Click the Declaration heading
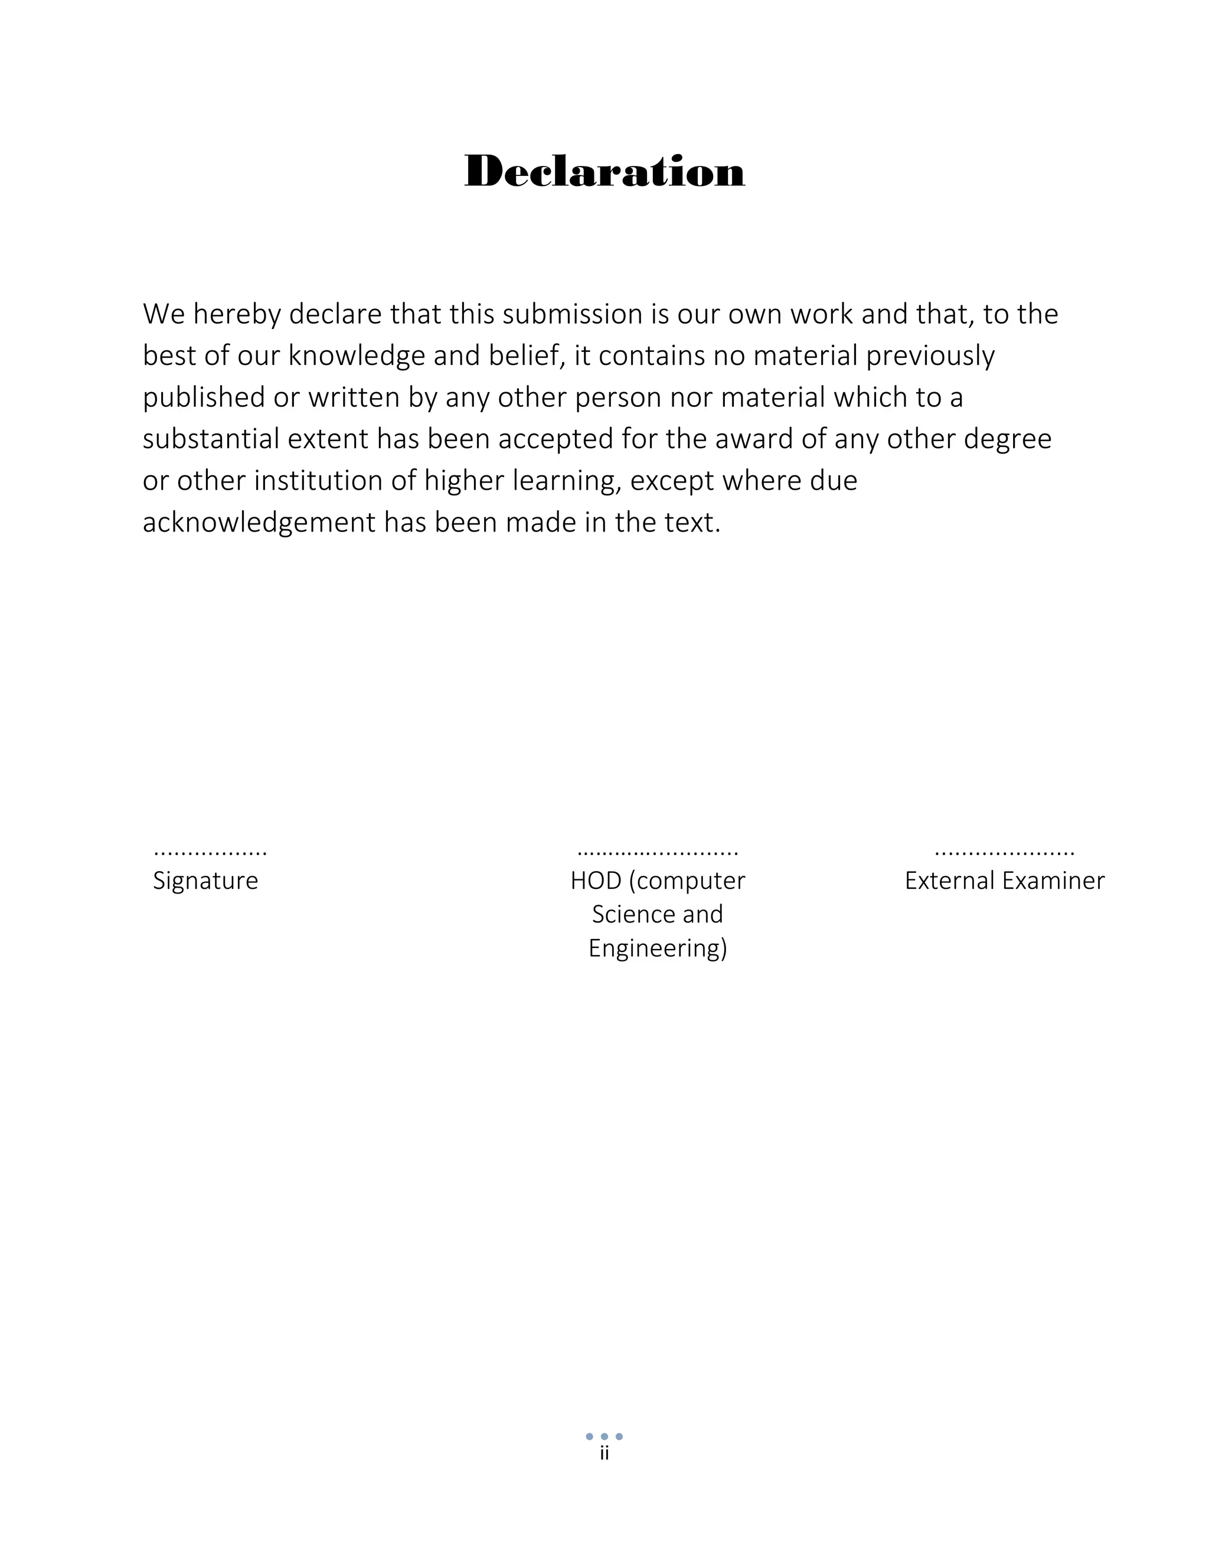click(604, 172)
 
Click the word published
click(204, 397)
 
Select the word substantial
click(211, 439)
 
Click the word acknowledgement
click(259, 523)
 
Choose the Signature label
click(205, 881)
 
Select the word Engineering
click(658, 949)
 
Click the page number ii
click(604, 1454)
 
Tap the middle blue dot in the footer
click(604, 1437)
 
